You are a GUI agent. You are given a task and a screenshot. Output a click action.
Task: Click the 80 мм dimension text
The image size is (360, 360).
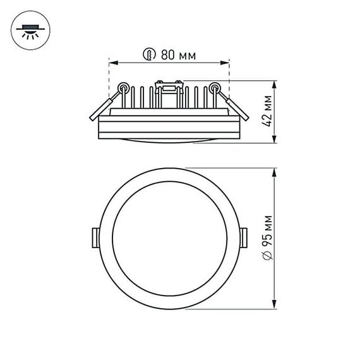point(177,55)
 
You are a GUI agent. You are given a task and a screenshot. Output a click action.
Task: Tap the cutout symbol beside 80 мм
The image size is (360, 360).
point(150,55)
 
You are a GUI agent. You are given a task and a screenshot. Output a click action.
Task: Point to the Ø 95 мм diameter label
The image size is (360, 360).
point(268,239)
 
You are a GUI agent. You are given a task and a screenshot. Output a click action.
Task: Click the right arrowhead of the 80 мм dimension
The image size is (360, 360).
point(226,63)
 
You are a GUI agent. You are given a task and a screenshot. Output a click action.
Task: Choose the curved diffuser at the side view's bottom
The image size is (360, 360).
point(169,139)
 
